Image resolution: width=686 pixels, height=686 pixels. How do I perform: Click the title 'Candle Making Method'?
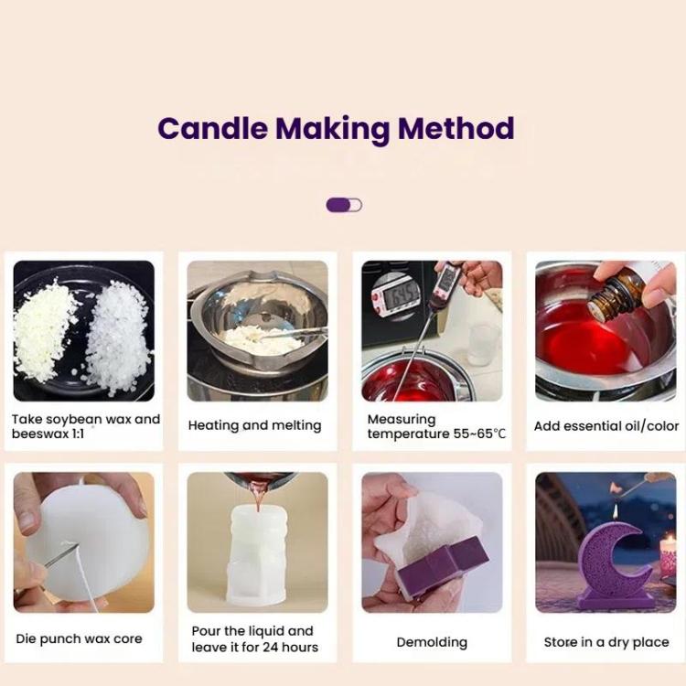[x=336, y=128]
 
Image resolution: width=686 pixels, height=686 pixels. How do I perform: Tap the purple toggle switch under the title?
[x=344, y=205]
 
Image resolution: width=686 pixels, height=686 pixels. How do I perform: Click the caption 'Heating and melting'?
[x=254, y=425]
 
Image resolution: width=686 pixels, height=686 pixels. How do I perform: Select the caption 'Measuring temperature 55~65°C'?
[x=435, y=426]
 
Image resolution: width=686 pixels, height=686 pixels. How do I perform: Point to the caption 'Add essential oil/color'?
[x=606, y=425]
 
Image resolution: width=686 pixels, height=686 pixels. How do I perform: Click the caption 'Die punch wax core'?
[x=79, y=638]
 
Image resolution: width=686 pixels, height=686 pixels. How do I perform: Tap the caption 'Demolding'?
[x=432, y=642]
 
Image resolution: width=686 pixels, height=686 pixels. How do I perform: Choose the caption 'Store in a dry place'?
[x=606, y=642]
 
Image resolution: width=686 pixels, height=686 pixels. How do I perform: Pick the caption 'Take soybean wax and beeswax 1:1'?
[x=85, y=426]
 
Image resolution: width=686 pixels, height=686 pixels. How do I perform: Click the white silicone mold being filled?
[x=258, y=558]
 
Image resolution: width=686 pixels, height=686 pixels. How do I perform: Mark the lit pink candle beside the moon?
[x=668, y=556]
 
